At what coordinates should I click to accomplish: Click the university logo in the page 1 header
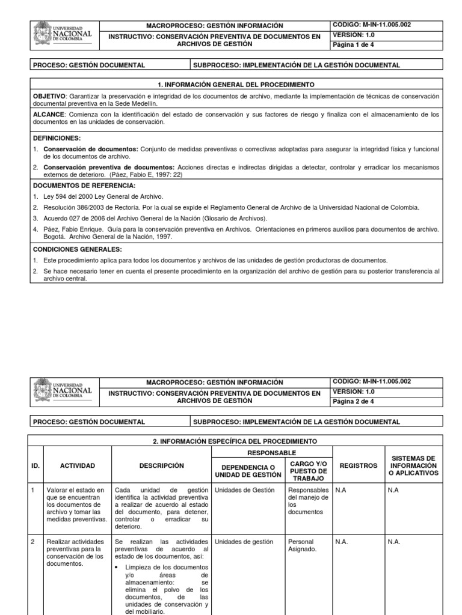(x=63, y=35)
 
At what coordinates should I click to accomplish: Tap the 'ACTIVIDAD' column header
(x=77, y=465)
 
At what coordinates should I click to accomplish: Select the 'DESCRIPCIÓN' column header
(x=161, y=465)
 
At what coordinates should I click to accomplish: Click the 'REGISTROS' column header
(x=359, y=465)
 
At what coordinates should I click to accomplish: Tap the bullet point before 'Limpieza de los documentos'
(x=118, y=566)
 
